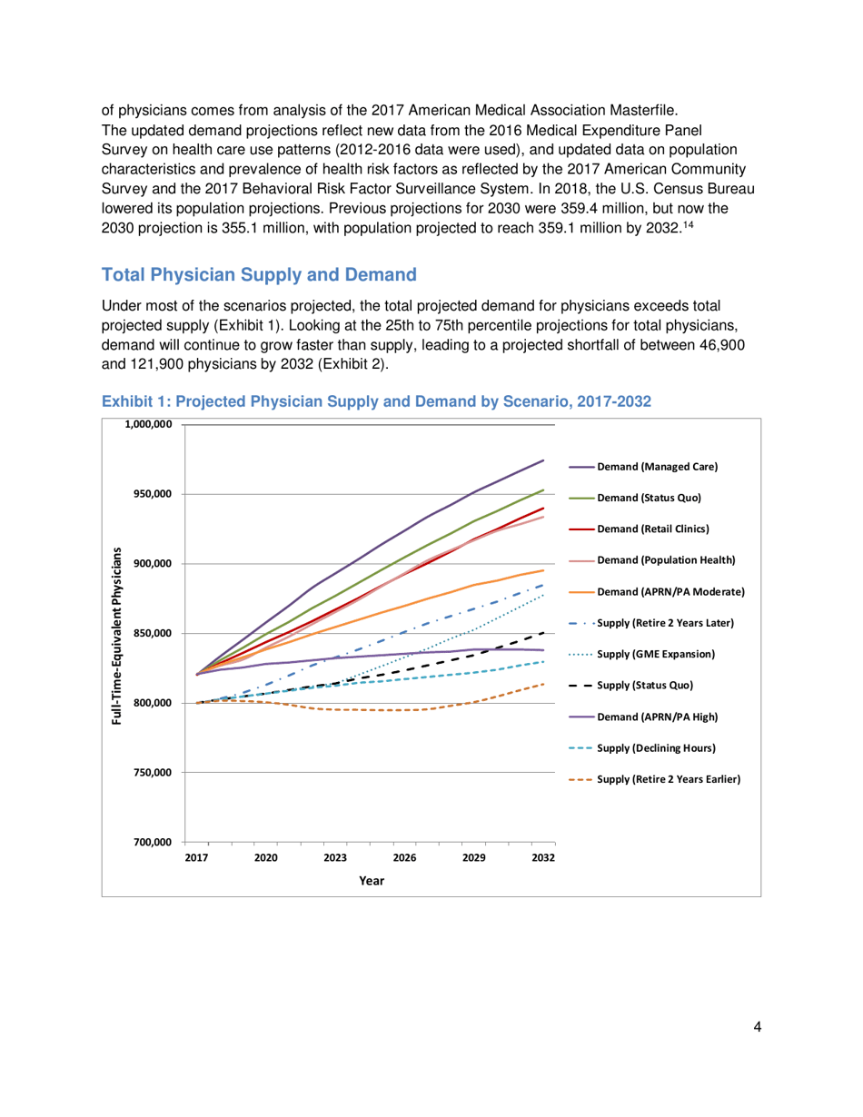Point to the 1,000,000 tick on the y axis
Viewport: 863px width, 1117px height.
[144, 425]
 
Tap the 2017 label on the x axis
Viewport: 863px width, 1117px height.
[196, 857]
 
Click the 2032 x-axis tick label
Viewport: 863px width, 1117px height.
[543, 857]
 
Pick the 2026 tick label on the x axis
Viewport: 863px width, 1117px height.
[404, 857]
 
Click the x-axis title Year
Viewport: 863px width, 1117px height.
[371, 879]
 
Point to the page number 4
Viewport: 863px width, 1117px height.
[757, 1027]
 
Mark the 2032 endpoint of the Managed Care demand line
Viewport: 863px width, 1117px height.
[543, 460]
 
